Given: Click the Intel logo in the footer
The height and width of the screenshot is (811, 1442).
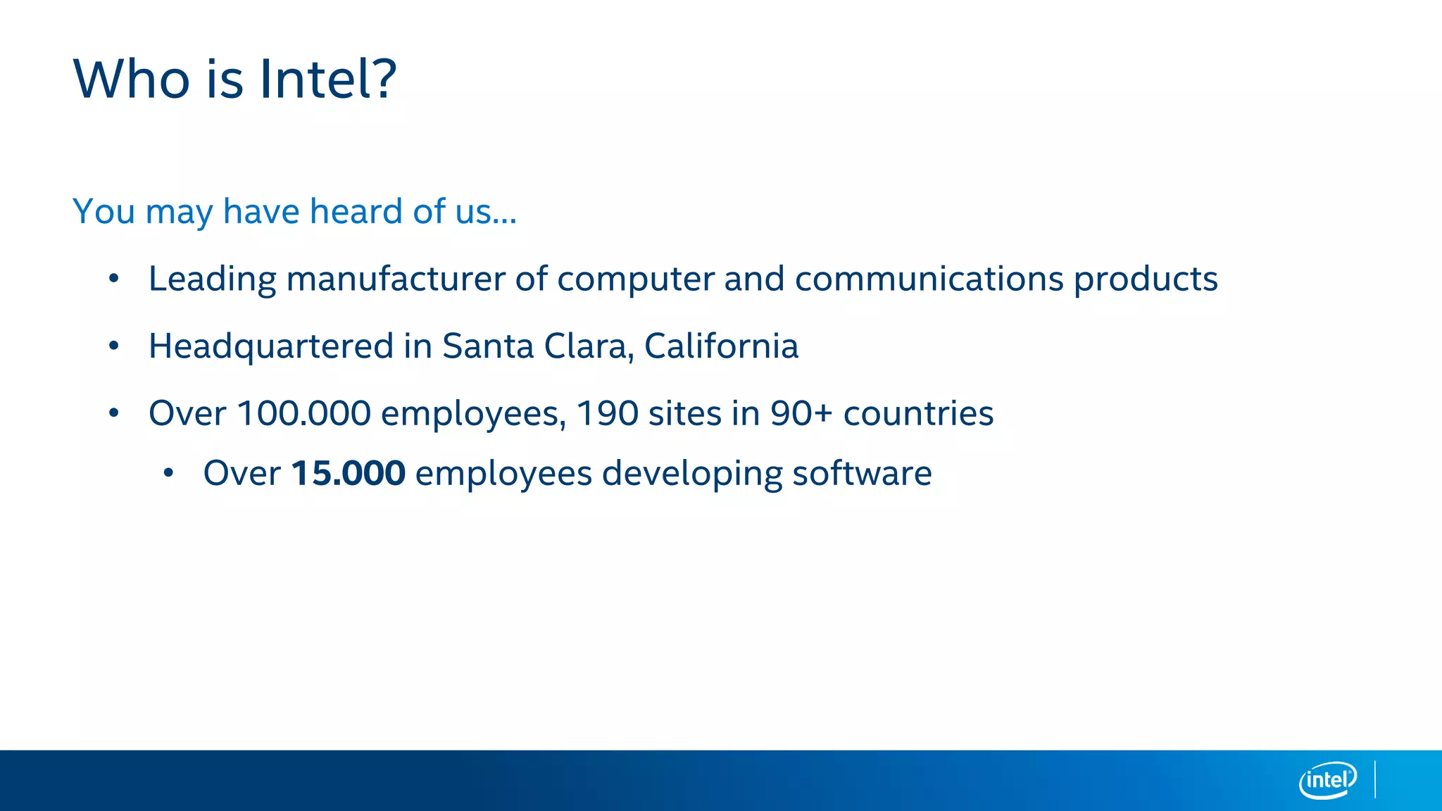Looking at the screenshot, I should (1328, 780).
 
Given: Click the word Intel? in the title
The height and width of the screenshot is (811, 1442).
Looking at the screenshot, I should (328, 79).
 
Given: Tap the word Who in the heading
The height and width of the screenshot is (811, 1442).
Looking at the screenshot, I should (132, 79).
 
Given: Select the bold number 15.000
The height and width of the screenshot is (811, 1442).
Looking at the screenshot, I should (349, 473).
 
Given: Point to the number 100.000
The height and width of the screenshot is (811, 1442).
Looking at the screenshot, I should (303, 413).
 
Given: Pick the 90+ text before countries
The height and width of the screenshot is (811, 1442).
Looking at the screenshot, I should (801, 413).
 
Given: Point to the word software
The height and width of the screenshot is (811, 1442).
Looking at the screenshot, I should (862, 473).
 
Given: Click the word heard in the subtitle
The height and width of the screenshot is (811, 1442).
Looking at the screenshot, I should (356, 211).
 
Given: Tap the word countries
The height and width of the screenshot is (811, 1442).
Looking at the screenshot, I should (918, 413).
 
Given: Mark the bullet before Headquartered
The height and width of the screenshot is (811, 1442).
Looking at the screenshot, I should (114, 346).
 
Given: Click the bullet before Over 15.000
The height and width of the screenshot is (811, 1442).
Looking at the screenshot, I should (168, 473).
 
